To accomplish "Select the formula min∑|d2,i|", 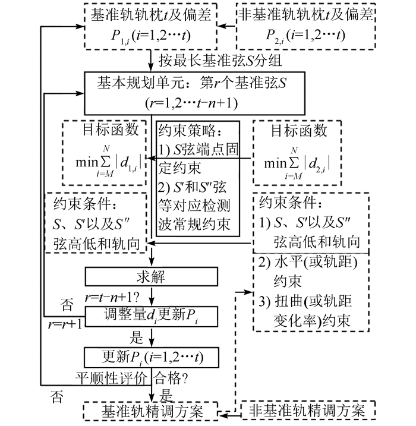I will tap(298, 159).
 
